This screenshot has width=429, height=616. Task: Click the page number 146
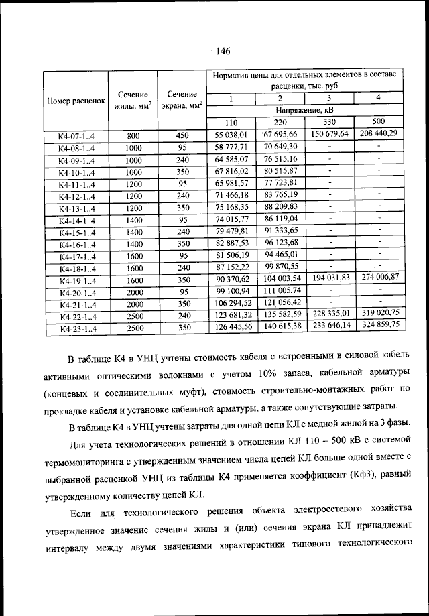pos(223,51)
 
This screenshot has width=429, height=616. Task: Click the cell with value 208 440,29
pos(379,133)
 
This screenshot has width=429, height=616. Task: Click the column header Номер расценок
pos(76,101)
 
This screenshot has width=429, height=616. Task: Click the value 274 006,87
pos(379,277)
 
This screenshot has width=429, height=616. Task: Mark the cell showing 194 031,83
pos(330,278)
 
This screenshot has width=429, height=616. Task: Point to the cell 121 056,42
pos(280,302)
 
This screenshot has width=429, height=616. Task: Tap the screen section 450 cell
pos(182,135)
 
